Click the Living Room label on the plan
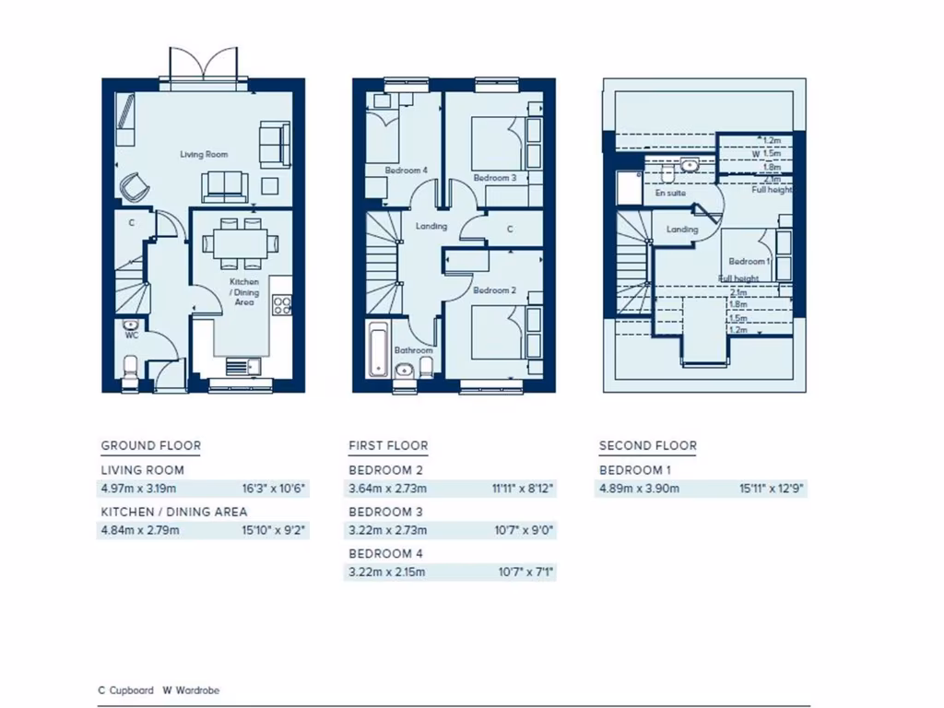tap(204, 155)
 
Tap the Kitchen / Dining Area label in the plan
tap(244, 291)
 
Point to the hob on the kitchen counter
tap(284, 305)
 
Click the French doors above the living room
tap(204, 65)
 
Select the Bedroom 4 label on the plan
tap(407, 171)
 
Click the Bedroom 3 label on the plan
tap(494, 178)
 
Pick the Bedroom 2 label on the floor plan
tap(493, 290)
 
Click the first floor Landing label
tap(431, 226)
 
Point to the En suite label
tap(670, 195)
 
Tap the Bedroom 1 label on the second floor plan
tap(749, 262)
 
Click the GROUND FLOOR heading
tap(150, 446)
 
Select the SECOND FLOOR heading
tap(647, 446)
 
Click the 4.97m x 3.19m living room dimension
tap(137, 488)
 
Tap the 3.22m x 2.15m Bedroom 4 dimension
tap(386, 572)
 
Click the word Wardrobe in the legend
tap(196, 690)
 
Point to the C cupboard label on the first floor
tap(510, 230)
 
